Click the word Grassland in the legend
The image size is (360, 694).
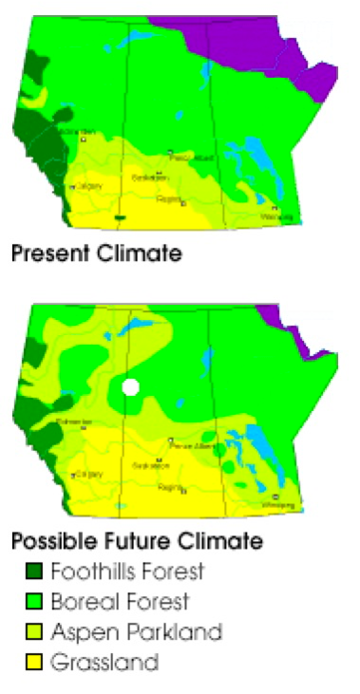104,662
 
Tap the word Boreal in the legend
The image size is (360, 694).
80,602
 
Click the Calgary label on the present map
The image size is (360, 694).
87,186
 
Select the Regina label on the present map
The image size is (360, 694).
169,199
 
